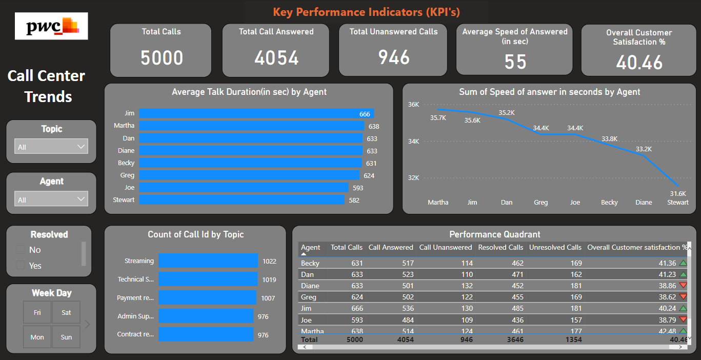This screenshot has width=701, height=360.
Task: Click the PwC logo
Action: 51,26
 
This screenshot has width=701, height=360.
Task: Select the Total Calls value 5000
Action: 162,58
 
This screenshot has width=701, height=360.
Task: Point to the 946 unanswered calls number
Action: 394,57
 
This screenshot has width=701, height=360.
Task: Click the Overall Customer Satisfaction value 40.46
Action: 639,63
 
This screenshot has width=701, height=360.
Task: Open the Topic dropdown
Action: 51,147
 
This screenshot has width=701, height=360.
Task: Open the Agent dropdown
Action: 51,199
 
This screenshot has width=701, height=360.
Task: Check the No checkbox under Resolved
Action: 21,250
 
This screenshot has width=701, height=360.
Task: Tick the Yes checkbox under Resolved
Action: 21,265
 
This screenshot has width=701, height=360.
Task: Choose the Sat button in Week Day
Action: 66,312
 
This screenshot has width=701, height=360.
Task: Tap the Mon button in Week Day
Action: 37,337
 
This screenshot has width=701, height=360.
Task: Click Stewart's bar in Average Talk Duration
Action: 241,200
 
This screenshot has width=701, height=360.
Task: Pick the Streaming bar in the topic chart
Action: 208,261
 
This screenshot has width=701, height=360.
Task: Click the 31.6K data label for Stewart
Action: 677,194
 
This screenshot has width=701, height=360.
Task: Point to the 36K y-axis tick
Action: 413,105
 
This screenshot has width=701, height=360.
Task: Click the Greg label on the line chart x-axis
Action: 540,203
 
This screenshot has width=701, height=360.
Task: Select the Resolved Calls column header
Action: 500,247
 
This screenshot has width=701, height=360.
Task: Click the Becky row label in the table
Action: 310,263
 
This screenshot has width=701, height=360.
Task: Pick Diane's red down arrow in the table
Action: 683,286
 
